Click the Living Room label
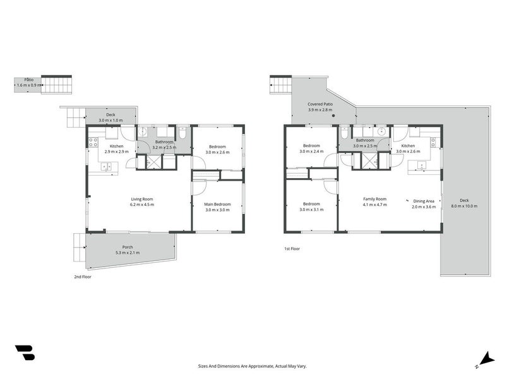[142, 202]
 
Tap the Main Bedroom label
[217, 207]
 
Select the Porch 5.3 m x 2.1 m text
[128, 250]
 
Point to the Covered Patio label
[320, 107]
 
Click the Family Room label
[375, 202]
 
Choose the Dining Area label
[424, 204]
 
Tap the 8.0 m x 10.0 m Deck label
[464, 203]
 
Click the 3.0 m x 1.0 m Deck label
[110, 117]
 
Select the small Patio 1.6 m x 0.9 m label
[29, 83]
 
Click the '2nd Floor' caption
[83, 277]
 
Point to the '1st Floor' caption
[292, 249]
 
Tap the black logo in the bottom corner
[25, 352]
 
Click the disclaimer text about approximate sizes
[252, 366]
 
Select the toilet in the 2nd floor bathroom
[182, 133]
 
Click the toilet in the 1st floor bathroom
[344, 133]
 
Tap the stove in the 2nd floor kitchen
[93, 142]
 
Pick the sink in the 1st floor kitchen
[421, 166]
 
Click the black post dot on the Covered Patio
[334, 116]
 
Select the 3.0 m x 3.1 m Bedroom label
[311, 207]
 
